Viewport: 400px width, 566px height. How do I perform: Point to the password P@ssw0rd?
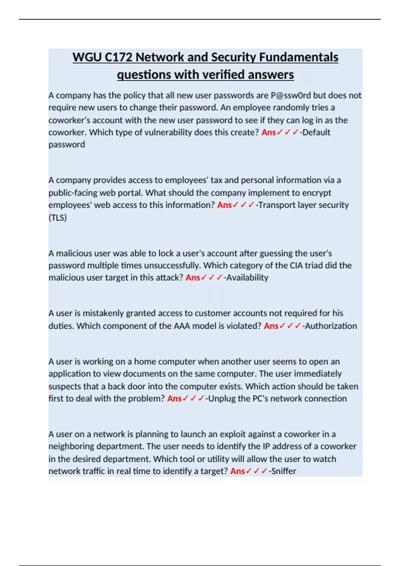[291, 96]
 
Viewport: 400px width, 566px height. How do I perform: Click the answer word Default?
[316, 132]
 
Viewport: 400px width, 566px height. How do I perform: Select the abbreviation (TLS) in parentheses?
[58, 217]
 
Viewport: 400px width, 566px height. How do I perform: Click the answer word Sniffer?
[284, 471]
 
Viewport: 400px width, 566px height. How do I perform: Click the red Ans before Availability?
[193, 278]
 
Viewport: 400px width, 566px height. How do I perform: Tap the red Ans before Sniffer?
[237, 471]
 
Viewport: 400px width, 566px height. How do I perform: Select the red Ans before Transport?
[224, 205]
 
